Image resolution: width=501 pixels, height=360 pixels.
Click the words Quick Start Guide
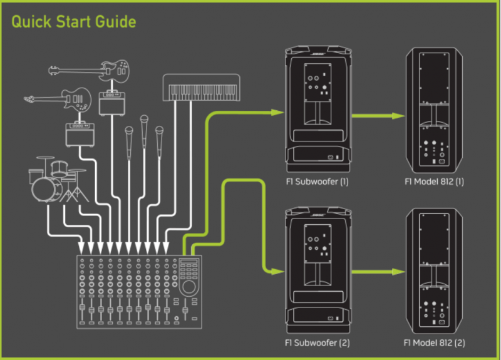click(74, 23)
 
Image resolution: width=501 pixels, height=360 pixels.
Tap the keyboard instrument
click(200, 88)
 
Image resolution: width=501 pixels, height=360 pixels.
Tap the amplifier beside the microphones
click(113, 103)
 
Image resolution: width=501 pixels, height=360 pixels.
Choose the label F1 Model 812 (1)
click(435, 182)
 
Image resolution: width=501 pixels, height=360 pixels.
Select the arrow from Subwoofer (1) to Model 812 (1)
click(376, 116)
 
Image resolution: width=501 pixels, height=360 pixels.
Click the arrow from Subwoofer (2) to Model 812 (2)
click(376, 272)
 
